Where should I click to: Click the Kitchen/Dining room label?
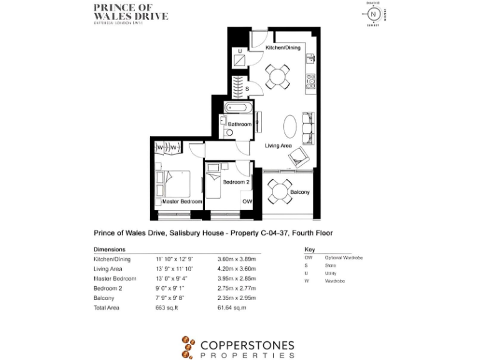click(283, 47)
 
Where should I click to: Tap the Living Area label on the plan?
click(278, 146)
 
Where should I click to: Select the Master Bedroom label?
click(182, 202)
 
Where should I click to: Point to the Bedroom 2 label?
click(237, 182)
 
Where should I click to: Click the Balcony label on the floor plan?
click(300, 192)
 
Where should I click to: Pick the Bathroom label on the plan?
click(239, 124)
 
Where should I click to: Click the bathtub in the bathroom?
click(237, 108)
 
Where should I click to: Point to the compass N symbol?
click(374, 14)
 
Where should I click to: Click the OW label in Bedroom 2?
click(247, 202)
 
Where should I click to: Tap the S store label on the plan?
click(247, 89)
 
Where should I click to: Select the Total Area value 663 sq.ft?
click(168, 307)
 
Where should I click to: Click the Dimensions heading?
click(109, 249)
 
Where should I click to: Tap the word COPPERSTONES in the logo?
click(247, 344)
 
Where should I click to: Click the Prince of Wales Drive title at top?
click(130, 12)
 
